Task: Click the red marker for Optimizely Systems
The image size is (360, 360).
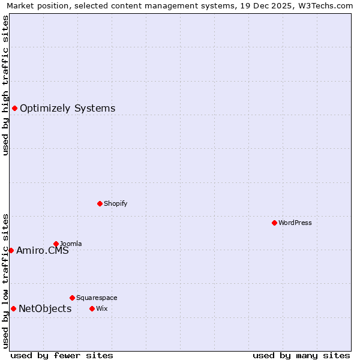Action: coord(14,109)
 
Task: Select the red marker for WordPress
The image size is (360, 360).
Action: coord(274,223)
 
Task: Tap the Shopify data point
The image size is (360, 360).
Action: coord(100,204)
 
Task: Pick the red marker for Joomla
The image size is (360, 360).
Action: coord(56,244)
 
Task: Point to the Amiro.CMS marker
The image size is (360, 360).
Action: coord(11,251)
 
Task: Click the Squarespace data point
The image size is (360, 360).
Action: coord(72,298)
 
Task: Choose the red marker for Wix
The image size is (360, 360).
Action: coord(92,309)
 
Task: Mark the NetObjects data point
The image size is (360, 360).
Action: coord(13,309)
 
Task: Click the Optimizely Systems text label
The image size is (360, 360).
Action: coord(67,109)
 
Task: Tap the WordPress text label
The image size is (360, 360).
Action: coord(295,223)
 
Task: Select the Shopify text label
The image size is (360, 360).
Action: coord(116,204)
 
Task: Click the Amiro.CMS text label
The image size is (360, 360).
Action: coord(43,251)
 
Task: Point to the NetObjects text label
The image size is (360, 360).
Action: coord(45,309)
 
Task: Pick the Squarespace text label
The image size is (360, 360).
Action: coord(97,298)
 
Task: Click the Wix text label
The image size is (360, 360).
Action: coord(101,309)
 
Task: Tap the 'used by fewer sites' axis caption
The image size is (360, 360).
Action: coord(62,355)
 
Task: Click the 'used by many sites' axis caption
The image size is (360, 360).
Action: coord(301,355)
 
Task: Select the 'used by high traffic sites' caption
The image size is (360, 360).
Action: coord(5,85)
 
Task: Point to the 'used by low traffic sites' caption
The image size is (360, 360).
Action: coord(5,280)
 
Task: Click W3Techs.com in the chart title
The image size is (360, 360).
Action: coord(329,5)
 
